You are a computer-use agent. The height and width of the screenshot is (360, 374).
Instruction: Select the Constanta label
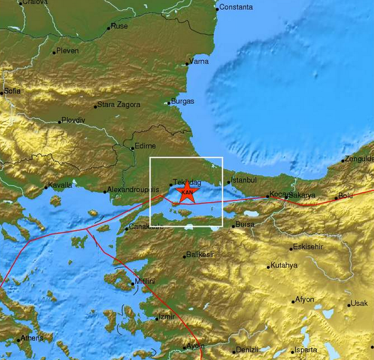pos(236,7)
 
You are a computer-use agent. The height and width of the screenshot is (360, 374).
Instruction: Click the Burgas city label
pos(182,101)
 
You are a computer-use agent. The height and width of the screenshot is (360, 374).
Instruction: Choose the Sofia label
pos(12,91)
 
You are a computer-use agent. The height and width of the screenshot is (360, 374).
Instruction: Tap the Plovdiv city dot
pos(60,122)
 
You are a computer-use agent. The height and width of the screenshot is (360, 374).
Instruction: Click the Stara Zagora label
pos(119,104)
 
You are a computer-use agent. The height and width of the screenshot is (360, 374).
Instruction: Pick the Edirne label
pos(145,145)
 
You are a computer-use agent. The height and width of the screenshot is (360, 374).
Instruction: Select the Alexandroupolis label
pos(134,189)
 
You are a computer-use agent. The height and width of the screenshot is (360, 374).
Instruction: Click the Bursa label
pos(244,224)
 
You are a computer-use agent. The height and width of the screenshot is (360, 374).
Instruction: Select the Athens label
pos(32,338)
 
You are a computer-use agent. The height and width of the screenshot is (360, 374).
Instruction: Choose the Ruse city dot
pos(109,28)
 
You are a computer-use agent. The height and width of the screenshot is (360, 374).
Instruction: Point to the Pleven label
pos(67,51)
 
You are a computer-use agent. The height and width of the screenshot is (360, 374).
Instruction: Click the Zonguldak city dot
pos(343,161)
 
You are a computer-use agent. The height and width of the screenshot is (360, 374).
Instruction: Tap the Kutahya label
pos(284,265)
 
